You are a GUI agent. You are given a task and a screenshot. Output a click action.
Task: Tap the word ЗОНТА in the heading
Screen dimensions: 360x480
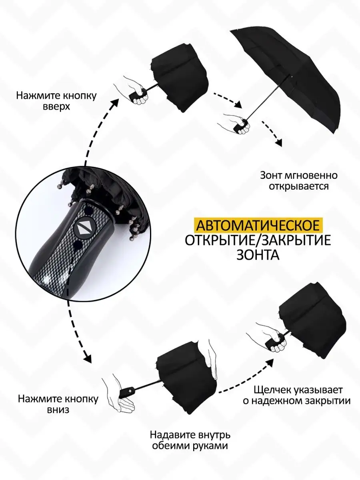pyautogui.click(x=258, y=254)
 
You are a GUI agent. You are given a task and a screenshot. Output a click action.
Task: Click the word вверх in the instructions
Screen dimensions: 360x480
pyautogui.click(x=56, y=107)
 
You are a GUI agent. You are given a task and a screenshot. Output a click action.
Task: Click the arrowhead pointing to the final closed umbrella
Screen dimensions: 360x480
pyautogui.click(x=270, y=364)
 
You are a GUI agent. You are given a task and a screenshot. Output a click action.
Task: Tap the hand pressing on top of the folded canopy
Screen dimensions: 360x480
pyautogui.click(x=211, y=354)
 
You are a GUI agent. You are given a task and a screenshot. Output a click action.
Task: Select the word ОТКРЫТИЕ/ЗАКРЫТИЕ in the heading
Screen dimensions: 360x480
pyautogui.click(x=258, y=240)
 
